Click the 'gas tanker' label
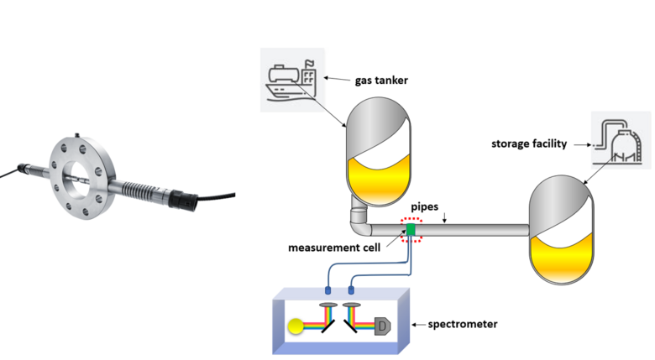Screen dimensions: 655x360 (381, 81)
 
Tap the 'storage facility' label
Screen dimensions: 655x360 (529, 143)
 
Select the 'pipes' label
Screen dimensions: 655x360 (424, 206)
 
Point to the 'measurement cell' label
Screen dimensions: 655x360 (334, 248)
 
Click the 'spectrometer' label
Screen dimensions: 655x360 (463, 324)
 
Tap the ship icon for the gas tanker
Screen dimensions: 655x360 (291, 80)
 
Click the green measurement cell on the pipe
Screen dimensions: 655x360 (411, 230)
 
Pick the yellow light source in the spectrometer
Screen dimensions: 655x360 (296, 326)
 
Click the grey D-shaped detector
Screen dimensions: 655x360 (382, 326)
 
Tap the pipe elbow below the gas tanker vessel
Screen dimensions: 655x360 (360, 226)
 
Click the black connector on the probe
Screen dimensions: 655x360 (182, 200)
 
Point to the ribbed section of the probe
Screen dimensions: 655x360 (136, 188)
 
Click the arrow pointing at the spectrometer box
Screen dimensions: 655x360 (419, 325)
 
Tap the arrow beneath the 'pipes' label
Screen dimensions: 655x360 (444, 217)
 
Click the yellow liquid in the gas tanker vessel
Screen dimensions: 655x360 (379, 180)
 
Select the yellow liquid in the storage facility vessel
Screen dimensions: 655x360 (561, 258)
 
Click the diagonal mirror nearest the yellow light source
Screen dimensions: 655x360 (327, 326)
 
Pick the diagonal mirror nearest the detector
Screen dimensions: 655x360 (350, 326)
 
